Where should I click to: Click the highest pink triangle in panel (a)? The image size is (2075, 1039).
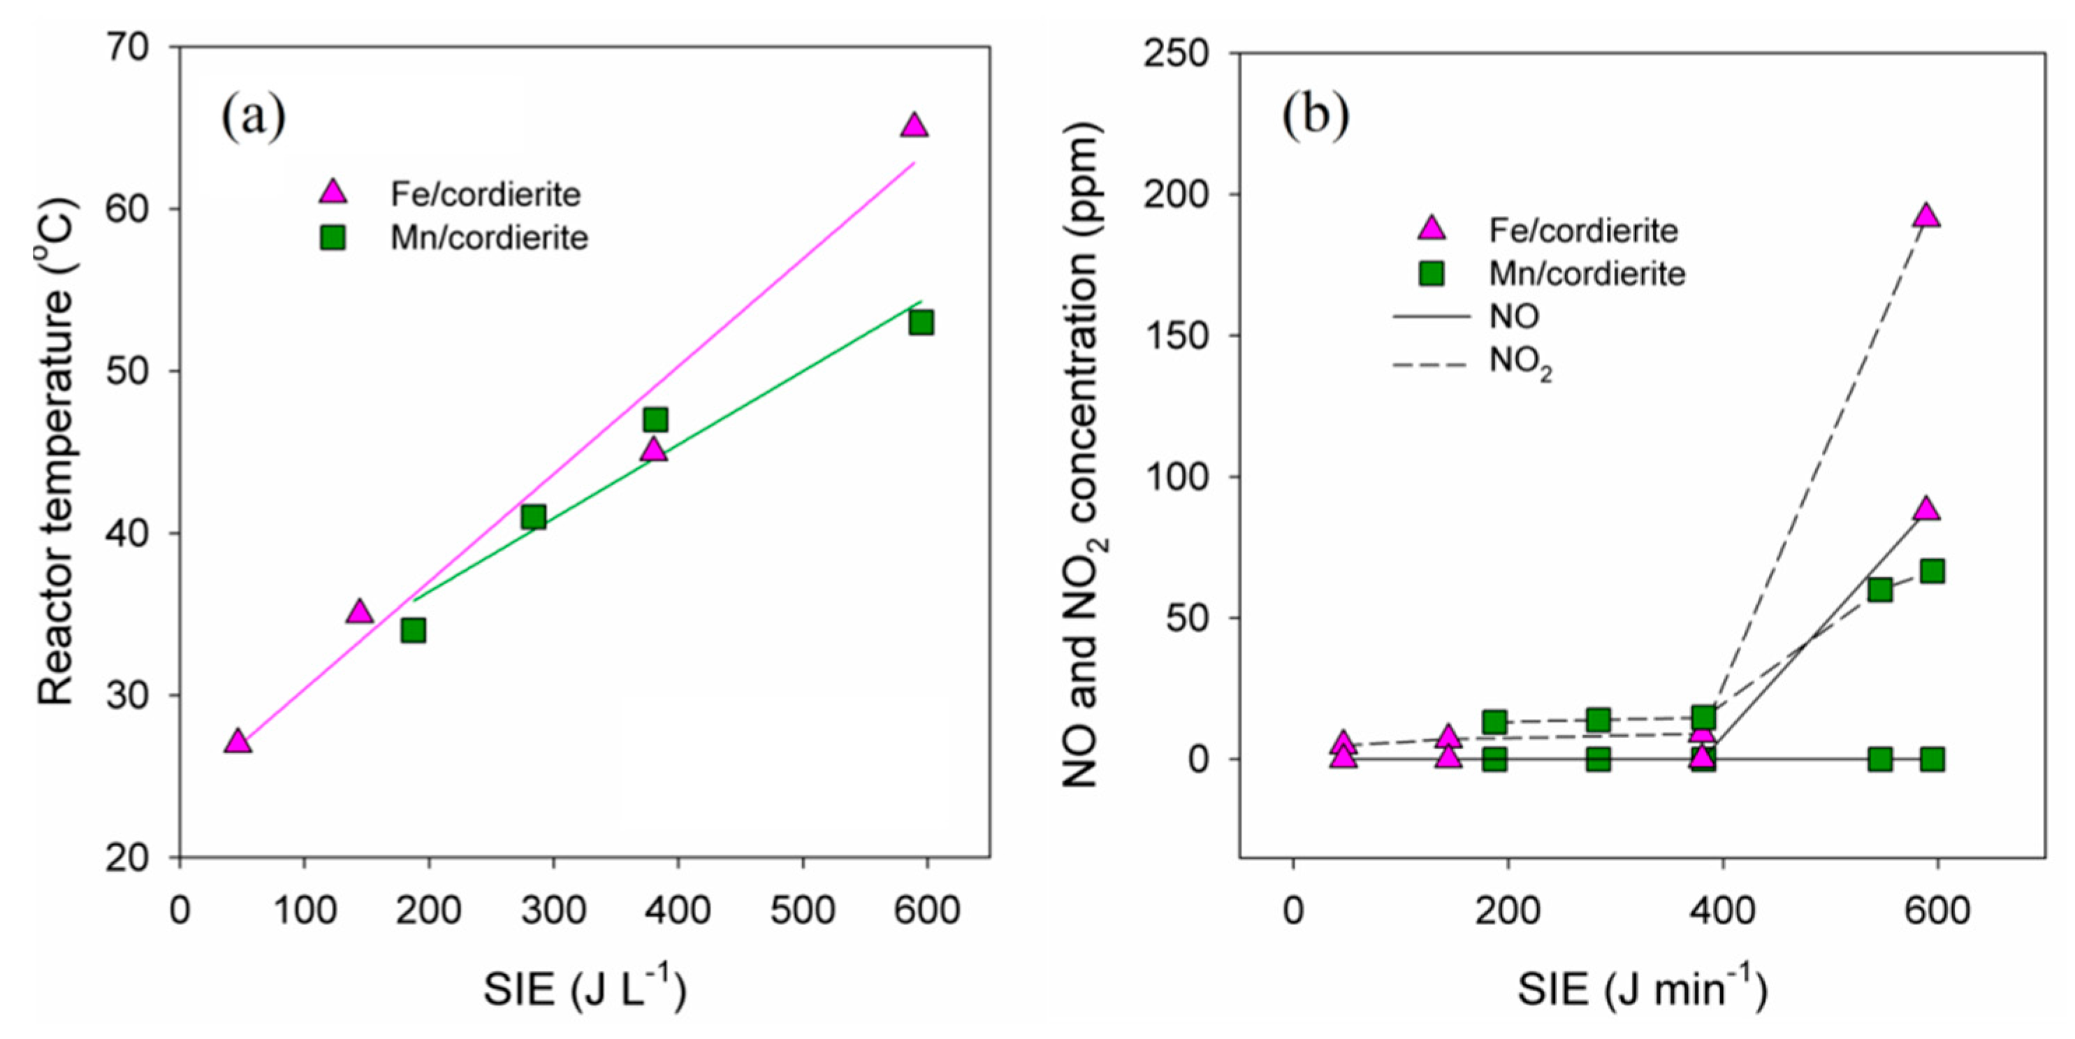pos(915,126)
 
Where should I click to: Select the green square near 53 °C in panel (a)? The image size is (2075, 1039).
pos(921,323)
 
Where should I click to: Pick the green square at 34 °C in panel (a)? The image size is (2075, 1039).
pos(413,630)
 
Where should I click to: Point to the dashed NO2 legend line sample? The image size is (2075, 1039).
pos(1431,365)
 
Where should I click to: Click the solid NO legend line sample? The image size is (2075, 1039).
pos(1431,317)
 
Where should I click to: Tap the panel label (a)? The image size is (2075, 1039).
pos(254,117)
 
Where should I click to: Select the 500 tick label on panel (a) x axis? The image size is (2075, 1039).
pos(802,911)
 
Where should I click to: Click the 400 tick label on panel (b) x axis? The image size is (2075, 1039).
pos(1722,911)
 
